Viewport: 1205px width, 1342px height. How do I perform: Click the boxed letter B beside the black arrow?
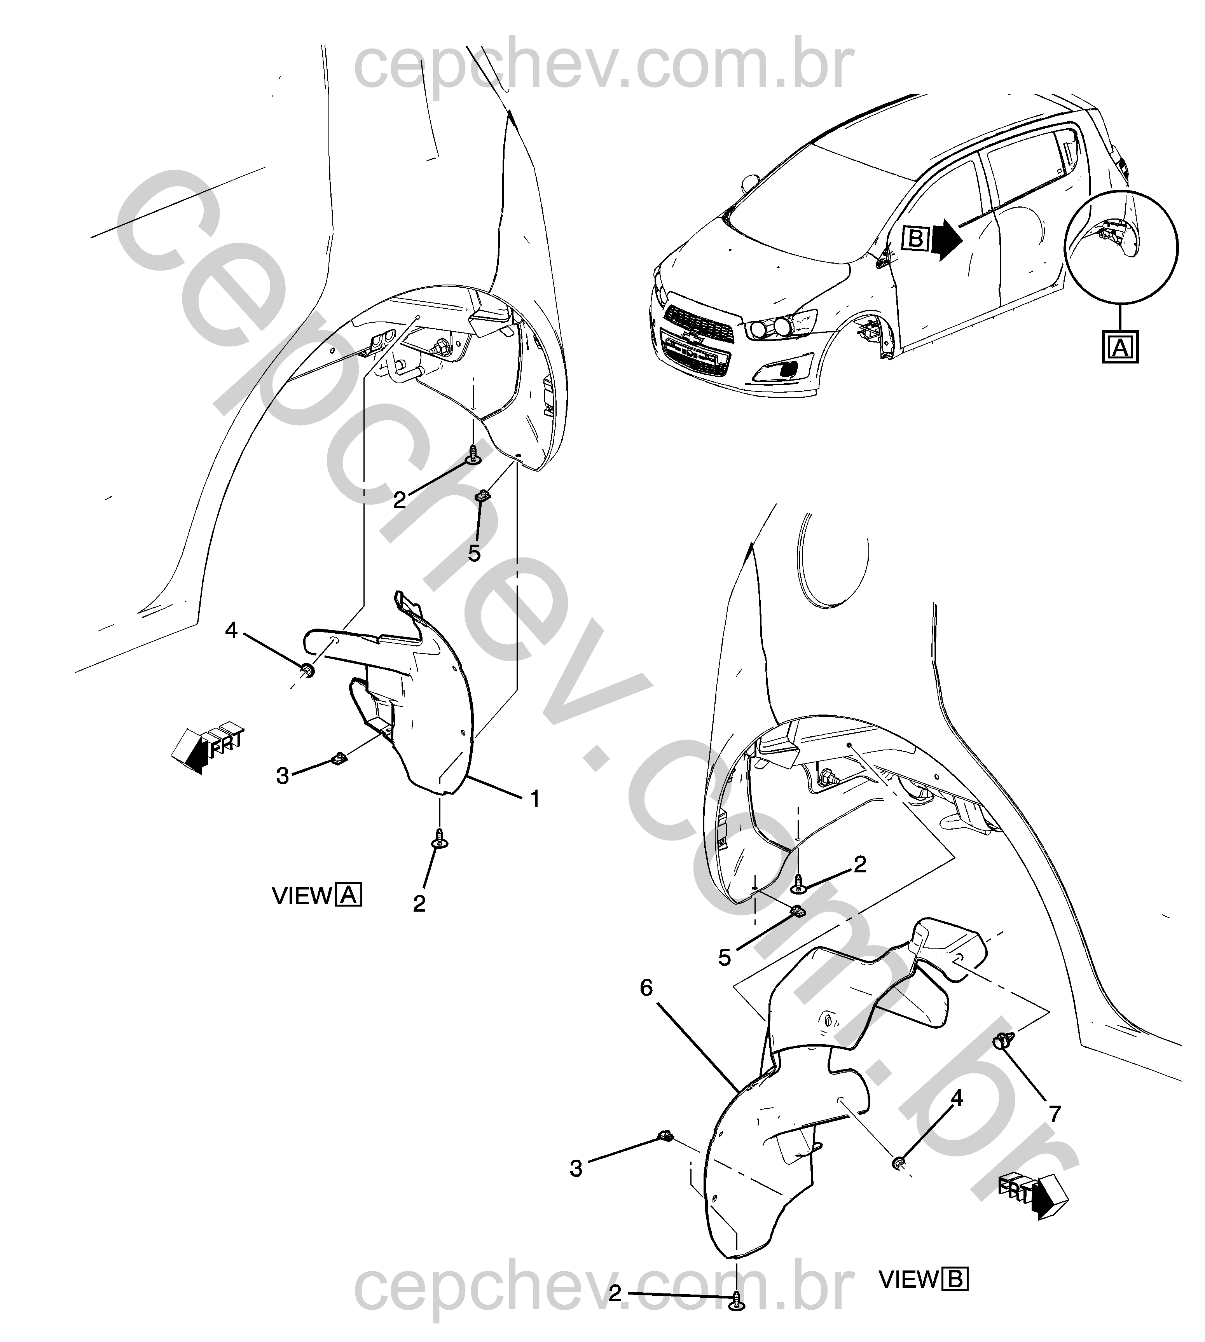click(x=916, y=238)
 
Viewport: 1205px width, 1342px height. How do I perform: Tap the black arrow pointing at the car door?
click(x=947, y=238)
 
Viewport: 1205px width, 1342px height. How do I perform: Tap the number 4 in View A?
click(x=231, y=630)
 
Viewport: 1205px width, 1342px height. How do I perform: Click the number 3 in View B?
click(x=576, y=1169)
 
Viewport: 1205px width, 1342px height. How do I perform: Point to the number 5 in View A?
click(x=474, y=554)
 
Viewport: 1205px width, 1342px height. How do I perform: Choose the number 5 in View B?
click(x=724, y=958)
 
